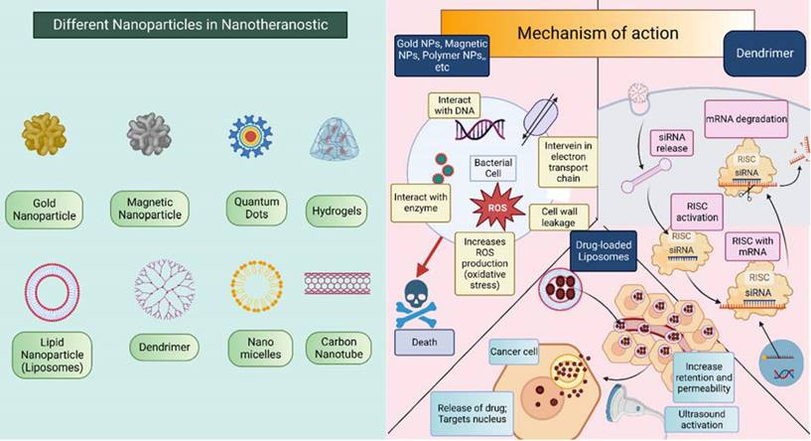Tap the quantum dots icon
click(250, 136)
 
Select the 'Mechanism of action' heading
click(598, 33)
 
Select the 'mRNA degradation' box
click(745, 117)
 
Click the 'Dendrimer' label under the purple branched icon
click(160, 347)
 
